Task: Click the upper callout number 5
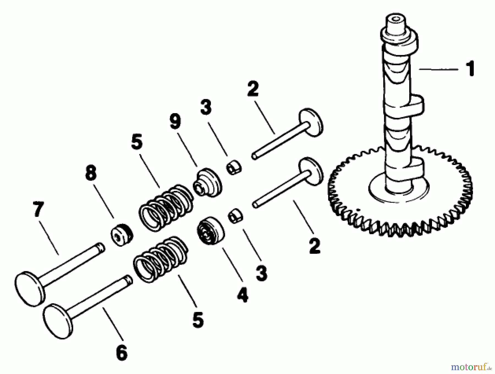[137, 143]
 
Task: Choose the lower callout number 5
[198, 319]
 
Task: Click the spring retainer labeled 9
[208, 183]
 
